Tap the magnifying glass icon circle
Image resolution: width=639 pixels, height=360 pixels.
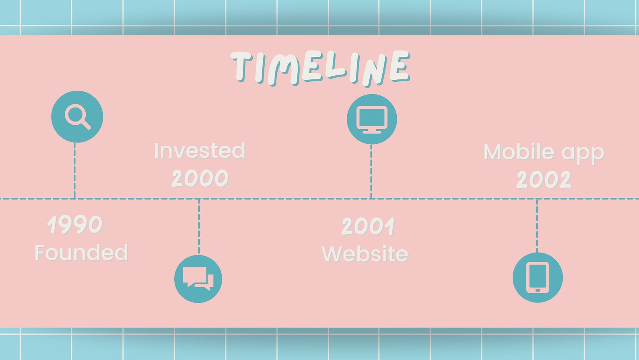pos(77,116)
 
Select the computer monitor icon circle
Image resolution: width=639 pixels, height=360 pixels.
pos(372,119)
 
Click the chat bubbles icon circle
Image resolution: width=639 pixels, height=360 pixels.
pos(198,279)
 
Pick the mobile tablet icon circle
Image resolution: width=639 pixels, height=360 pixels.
pos(538,277)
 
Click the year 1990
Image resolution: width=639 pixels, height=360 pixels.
pos(75,224)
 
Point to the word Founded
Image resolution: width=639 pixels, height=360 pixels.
pos(81,253)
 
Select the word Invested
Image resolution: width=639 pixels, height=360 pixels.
pos(200,151)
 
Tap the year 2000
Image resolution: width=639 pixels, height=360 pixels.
pos(200,178)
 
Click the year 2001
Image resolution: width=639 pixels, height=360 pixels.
pos(368,226)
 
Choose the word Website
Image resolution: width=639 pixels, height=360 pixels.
pos(365,254)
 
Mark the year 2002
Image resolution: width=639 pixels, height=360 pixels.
pos(544,180)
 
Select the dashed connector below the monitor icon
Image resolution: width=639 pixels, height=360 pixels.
pos(371,171)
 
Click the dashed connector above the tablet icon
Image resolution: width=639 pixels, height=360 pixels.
pos(537,226)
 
